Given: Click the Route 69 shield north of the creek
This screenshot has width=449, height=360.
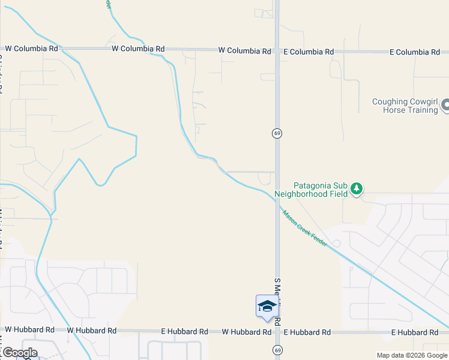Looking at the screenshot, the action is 277,133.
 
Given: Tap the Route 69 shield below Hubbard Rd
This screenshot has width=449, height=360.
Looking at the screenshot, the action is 277,350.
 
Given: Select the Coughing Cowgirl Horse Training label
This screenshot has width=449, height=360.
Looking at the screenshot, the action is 405,106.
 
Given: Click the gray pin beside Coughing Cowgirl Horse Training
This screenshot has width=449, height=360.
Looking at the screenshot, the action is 445,106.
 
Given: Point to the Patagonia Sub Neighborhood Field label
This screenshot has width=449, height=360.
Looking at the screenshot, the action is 312,190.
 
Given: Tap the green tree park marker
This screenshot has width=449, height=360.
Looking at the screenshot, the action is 357,189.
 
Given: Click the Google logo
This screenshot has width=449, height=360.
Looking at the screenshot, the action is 19,353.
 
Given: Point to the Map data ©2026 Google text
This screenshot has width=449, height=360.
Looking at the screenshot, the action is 412,355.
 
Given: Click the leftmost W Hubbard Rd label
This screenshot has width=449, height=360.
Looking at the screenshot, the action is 29,330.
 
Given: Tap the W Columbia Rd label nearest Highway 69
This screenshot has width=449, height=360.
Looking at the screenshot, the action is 244,51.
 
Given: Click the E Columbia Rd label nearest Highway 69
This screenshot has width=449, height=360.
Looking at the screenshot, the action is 309,52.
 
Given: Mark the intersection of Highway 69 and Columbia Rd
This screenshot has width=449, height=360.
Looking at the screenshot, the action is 277,51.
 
